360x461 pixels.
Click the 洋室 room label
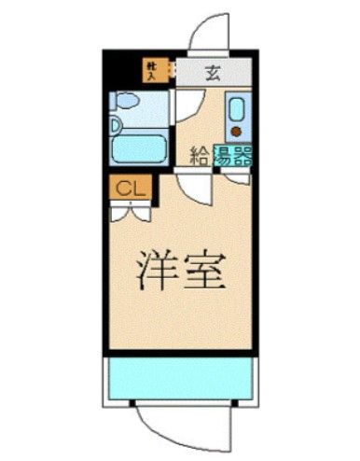[182, 272]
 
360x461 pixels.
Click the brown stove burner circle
[237, 131]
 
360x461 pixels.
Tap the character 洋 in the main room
[159, 272]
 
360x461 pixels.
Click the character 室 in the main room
[206, 272]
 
